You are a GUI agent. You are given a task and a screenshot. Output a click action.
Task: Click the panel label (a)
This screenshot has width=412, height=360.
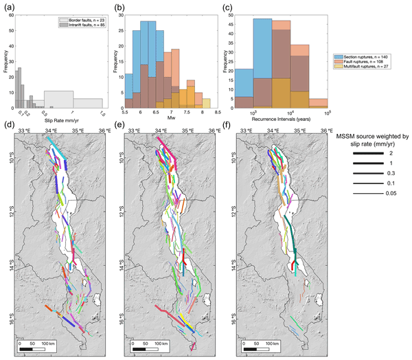[x=8, y=6]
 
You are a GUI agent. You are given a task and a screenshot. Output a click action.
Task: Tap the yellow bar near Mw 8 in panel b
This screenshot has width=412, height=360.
[x=205, y=103]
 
